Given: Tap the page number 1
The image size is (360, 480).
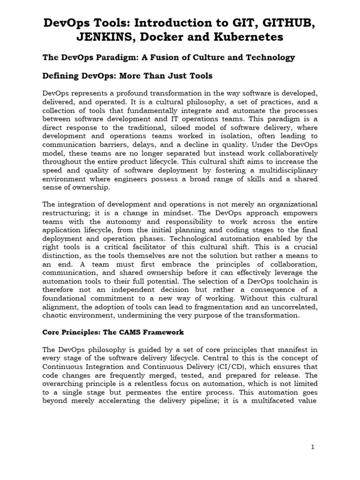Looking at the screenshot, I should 313,447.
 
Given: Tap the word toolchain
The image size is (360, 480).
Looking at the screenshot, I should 287,281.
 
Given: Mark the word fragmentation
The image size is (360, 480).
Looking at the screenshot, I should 217,307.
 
